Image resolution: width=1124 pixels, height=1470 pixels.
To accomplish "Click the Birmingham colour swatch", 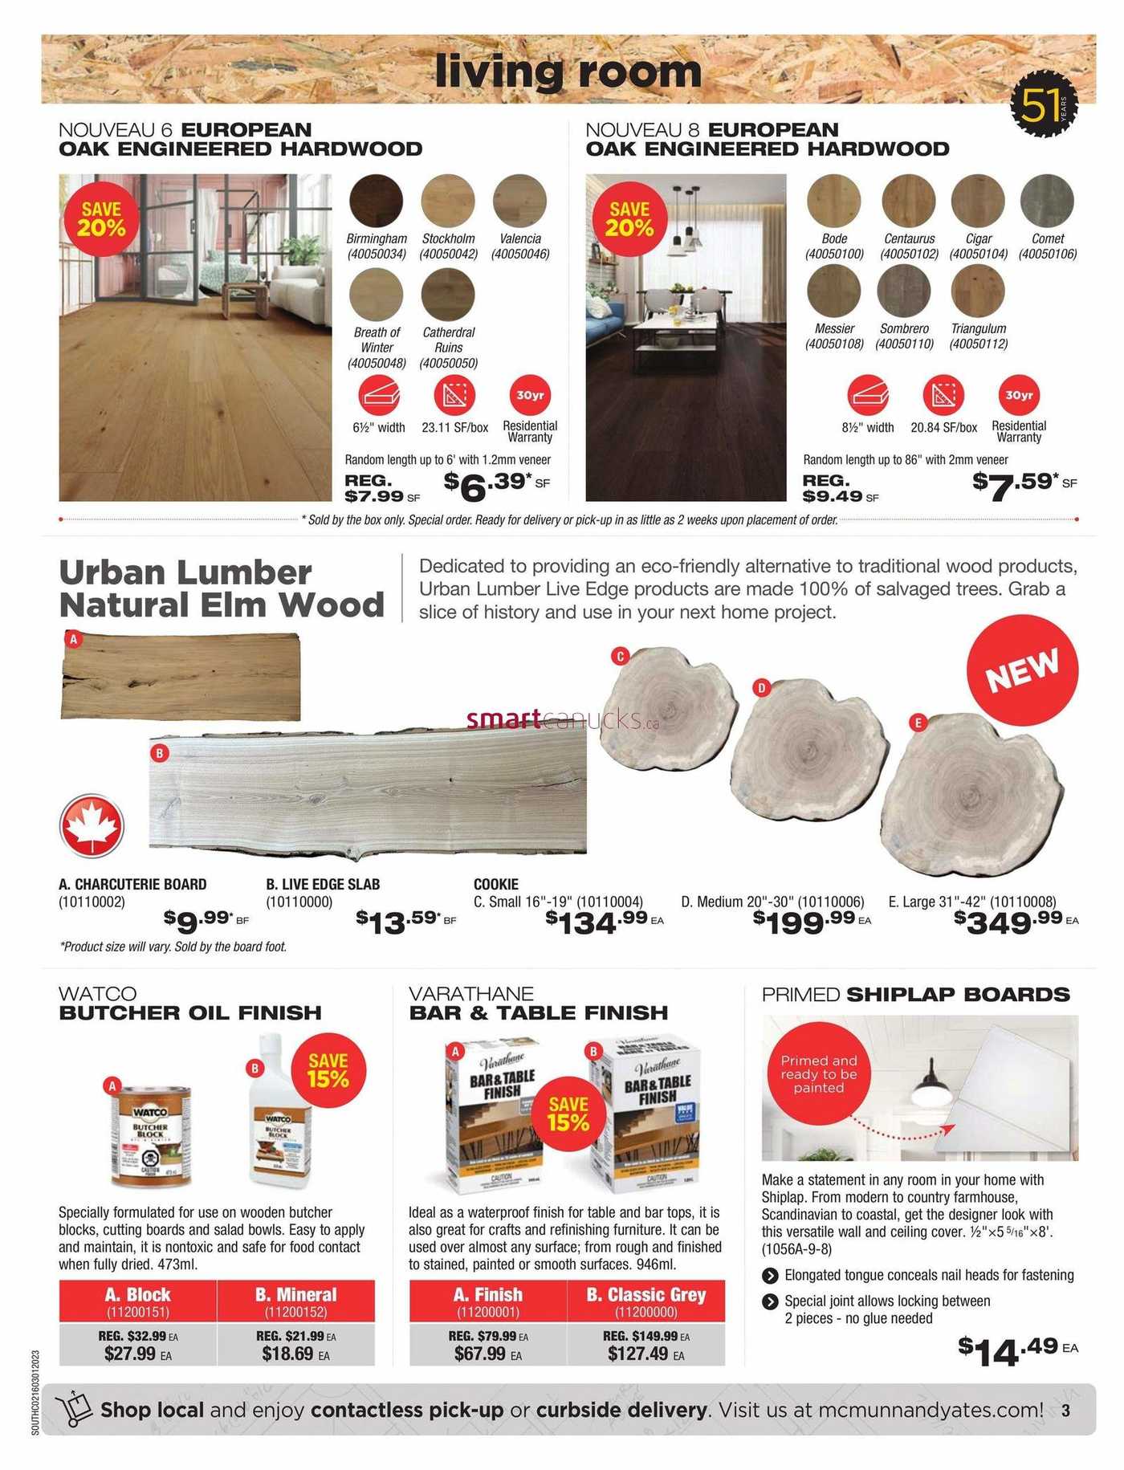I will (x=376, y=201).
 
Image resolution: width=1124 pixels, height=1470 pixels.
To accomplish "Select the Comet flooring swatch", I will (x=1047, y=201).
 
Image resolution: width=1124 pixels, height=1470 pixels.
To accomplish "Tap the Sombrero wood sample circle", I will (x=904, y=291).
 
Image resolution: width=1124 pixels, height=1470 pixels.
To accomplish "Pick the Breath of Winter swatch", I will (x=376, y=294).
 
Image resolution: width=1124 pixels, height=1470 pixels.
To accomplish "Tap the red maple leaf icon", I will (x=92, y=825).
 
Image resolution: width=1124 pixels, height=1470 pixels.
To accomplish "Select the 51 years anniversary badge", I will (x=1042, y=105).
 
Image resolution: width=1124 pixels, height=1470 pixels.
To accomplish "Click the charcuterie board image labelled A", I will (x=181, y=676).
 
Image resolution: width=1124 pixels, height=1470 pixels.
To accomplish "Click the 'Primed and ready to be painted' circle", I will (x=819, y=1074).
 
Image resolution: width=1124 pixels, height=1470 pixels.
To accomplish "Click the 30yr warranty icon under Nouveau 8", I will (x=1018, y=395).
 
